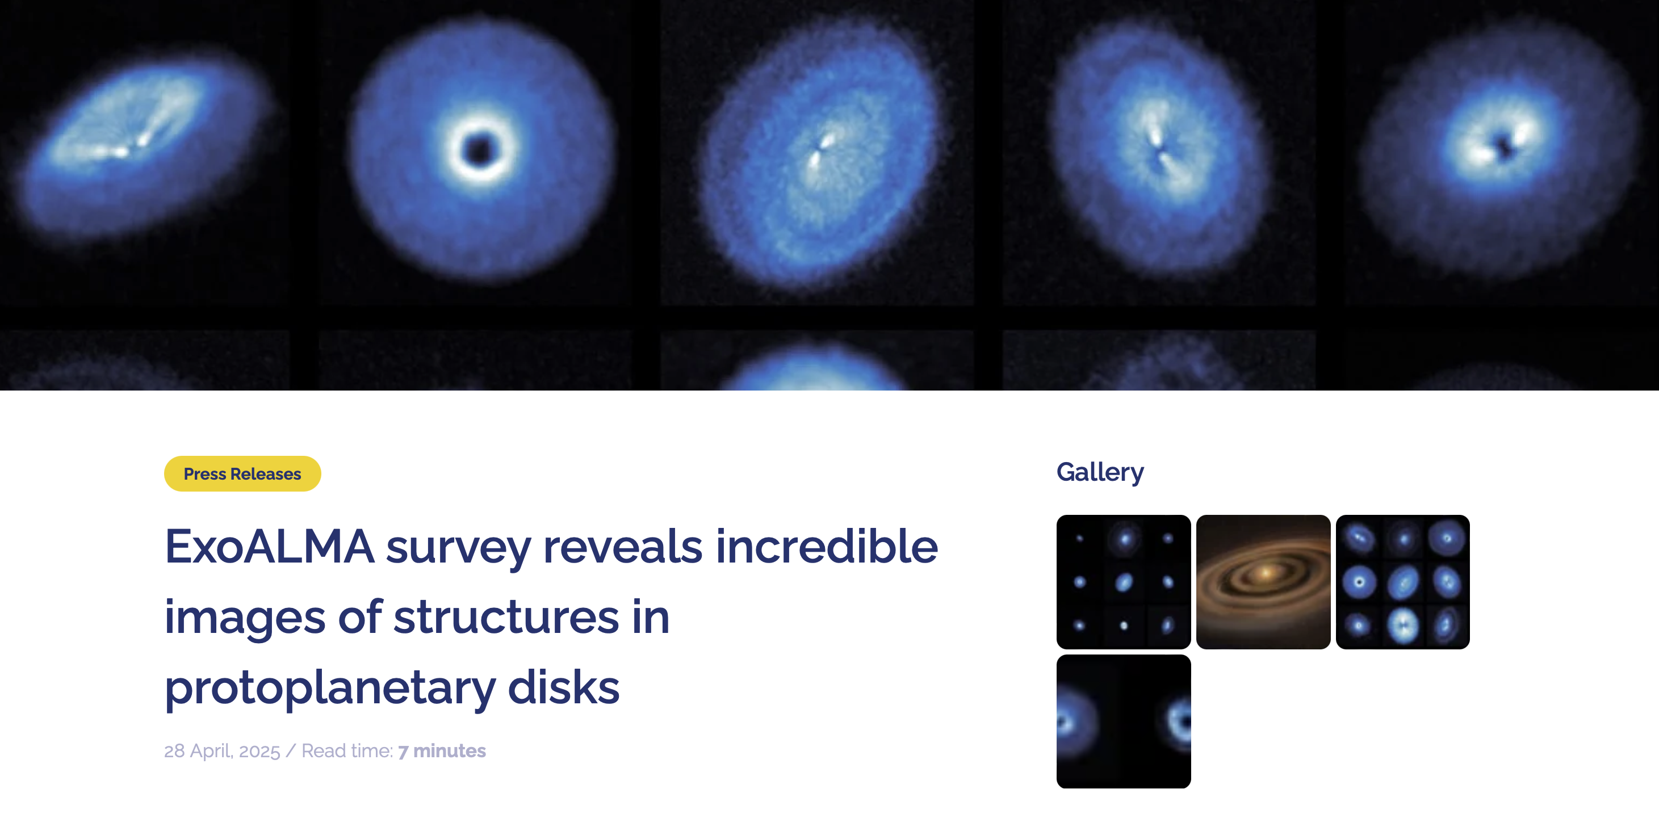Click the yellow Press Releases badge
coord(242,474)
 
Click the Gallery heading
coord(1100,473)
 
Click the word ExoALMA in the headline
coord(269,547)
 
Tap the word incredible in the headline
coord(826,546)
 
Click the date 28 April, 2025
coord(222,751)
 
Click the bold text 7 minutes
coord(442,751)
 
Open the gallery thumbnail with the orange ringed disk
coord(1263,581)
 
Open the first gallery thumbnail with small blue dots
coord(1123,581)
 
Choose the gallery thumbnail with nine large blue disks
coord(1403,581)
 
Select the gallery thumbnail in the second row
coord(1123,721)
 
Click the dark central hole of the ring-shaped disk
coord(479,150)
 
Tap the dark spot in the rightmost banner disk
coord(1505,147)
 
